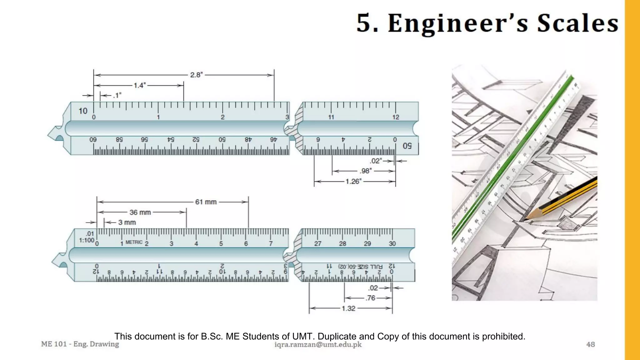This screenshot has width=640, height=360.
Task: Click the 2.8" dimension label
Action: [x=196, y=75]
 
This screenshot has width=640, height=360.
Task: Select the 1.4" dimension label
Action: [x=139, y=85]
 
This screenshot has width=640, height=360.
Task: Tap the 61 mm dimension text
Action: [x=206, y=202]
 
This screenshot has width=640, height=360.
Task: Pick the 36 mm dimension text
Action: [x=140, y=212]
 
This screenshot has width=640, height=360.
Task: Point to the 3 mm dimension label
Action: [x=127, y=222]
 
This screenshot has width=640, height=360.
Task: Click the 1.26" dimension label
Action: [x=353, y=182]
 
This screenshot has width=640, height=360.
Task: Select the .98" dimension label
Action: [x=365, y=171]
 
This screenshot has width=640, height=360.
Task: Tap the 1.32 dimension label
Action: [x=348, y=309]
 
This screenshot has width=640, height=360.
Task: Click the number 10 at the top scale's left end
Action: [x=83, y=111]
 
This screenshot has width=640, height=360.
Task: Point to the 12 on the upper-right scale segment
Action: [x=396, y=117]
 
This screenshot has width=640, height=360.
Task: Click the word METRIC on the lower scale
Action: [x=134, y=242]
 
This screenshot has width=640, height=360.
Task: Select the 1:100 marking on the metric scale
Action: [x=86, y=240]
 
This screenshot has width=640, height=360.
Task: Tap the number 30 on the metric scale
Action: [x=392, y=244]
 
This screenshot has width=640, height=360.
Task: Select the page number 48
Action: [x=590, y=344]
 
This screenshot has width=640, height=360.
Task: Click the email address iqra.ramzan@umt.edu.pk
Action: [x=318, y=345]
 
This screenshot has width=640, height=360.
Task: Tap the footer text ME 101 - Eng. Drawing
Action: [x=80, y=344]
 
